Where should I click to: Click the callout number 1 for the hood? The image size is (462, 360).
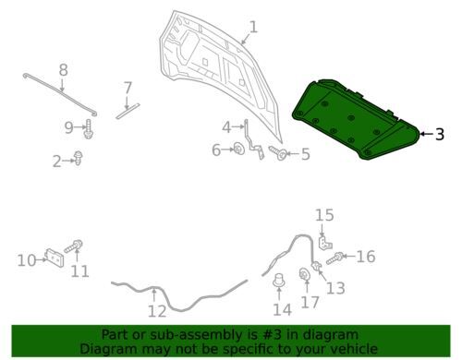pos(253,27)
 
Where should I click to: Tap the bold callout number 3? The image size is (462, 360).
pos(440,134)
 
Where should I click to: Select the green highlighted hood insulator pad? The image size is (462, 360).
pos(356,119)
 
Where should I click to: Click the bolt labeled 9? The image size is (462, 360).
pos(89,128)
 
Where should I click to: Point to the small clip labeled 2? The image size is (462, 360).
pos(79,158)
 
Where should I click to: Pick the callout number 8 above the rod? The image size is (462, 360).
pos(63,70)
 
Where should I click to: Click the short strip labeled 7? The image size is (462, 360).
pos(128,111)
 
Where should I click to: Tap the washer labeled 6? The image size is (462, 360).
pos(238,149)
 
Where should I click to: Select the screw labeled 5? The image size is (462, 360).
pos(279,153)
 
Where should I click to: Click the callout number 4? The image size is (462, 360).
pos(226,127)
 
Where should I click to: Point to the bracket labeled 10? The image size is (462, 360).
pos(55,258)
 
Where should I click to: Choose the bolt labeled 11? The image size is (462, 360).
pos(74,246)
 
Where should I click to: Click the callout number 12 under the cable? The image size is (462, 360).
pos(157,311)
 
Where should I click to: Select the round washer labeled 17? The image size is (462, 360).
pos(305,274)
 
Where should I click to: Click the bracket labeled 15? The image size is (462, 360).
pos(324,243)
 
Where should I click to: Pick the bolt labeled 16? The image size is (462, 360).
pos(335,258)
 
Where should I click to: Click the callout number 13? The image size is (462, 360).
pos(335,288)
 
